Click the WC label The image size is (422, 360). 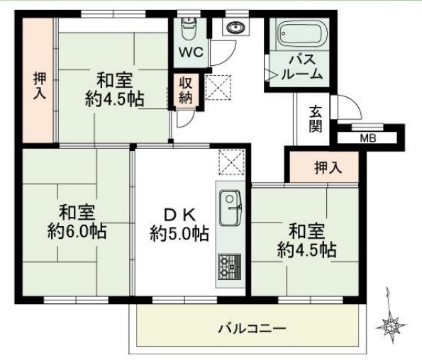coord(191,52)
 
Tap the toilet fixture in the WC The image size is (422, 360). coord(189,28)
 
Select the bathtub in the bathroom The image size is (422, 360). coord(303,35)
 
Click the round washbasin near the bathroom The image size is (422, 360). coord(235,27)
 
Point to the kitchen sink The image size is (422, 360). coord(230,208)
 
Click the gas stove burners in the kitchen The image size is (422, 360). coord(230,267)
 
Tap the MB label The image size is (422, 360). coord(368,138)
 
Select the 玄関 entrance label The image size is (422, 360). coord(315,119)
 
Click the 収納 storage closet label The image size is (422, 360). coord(186,90)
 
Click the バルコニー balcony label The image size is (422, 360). coord(252,329)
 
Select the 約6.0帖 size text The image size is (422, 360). coord(77,231)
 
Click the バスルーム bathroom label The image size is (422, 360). coord(302,67)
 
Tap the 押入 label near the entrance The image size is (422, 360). coord(328,167)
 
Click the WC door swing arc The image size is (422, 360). coord(229,59)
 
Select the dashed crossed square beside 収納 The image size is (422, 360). coord(218,87)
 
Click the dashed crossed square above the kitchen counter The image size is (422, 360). coord(232,162)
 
